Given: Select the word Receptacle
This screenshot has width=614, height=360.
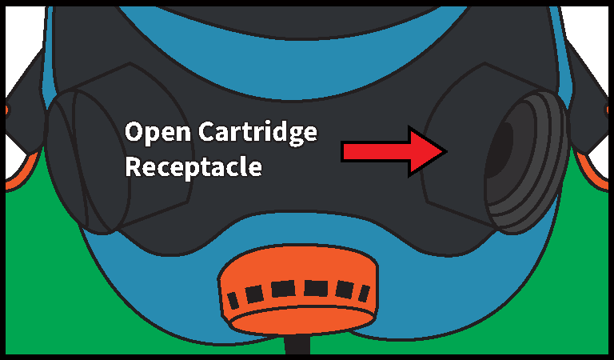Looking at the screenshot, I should (193, 167).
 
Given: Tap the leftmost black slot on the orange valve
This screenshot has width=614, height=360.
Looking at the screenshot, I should (233, 301).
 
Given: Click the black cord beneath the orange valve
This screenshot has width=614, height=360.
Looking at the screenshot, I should (297, 345).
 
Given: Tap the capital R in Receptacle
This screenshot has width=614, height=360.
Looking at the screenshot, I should (134, 167).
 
